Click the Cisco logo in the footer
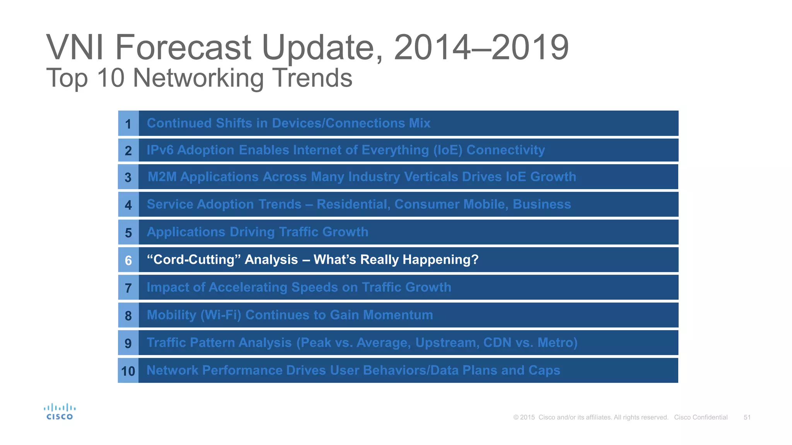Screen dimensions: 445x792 [59, 412]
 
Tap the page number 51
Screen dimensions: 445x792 [747, 417]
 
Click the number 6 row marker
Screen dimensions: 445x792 [128, 260]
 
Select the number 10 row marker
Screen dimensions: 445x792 [128, 371]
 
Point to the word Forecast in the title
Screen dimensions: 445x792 [183, 48]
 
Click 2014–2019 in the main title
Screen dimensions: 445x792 [481, 48]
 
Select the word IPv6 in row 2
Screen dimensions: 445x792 [160, 150]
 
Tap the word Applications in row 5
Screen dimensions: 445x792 [186, 232]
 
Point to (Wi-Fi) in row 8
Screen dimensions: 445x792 [220, 315]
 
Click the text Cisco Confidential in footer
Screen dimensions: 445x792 [700, 417]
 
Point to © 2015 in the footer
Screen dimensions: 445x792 [524, 417]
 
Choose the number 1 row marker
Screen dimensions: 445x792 [128, 124]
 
